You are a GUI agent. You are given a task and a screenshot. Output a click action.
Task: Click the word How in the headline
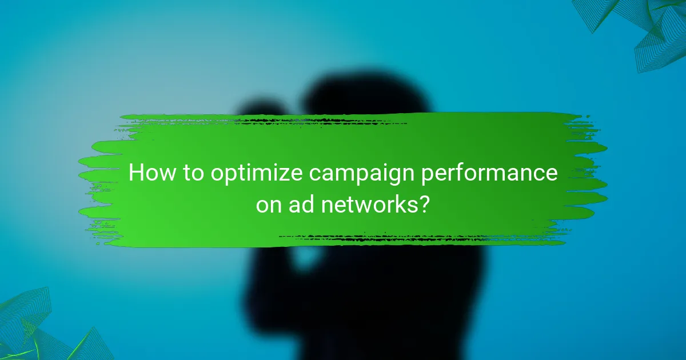149,173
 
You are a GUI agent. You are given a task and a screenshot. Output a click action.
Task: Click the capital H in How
136,173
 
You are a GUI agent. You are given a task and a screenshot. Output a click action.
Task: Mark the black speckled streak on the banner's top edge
320,121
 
